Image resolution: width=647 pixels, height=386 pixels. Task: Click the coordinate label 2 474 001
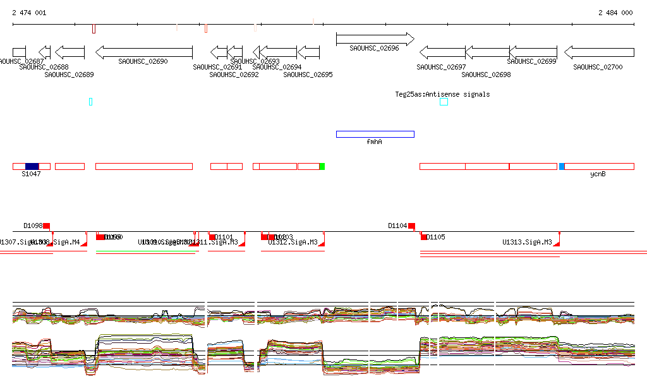click(x=28, y=13)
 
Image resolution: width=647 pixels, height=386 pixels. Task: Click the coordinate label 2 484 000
click(x=615, y=13)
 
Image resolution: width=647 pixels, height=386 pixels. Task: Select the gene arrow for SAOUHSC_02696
click(x=375, y=39)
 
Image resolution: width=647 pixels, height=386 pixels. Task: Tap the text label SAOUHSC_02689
click(x=69, y=75)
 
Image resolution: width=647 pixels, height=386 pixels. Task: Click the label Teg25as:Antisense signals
click(x=442, y=94)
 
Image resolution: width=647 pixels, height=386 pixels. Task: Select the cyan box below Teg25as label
click(x=444, y=102)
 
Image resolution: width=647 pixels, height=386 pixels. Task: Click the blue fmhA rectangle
click(x=375, y=134)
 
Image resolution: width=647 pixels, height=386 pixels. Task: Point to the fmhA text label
click(x=374, y=142)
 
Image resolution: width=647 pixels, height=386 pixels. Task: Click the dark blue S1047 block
click(x=32, y=166)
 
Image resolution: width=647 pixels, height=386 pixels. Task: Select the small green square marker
click(x=322, y=166)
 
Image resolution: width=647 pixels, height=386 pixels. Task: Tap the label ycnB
click(x=598, y=174)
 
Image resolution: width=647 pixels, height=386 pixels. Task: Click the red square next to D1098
click(x=46, y=226)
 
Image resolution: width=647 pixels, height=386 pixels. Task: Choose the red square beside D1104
click(x=411, y=226)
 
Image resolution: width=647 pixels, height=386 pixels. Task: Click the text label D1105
click(x=436, y=238)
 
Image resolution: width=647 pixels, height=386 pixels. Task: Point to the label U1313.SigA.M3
click(x=527, y=242)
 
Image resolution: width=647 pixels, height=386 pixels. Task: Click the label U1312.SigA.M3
click(x=293, y=242)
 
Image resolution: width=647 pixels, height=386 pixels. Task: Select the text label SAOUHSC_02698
click(x=486, y=75)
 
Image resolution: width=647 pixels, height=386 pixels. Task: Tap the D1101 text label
click(x=224, y=238)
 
